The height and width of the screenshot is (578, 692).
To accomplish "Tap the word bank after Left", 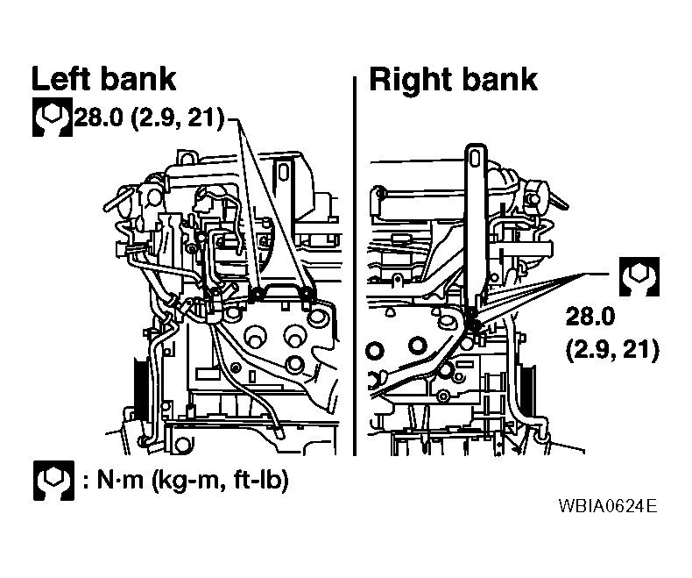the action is tap(138, 79).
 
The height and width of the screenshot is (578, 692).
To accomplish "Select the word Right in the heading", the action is tap(411, 81).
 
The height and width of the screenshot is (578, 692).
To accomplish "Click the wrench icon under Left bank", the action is tap(52, 118).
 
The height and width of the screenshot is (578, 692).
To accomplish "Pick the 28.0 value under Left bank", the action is tap(98, 118).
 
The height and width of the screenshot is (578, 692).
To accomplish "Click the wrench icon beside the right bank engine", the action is tap(639, 276).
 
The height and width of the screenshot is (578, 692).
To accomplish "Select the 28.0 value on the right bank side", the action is tap(590, 317).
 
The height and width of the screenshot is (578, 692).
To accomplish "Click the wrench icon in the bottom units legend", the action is tap(53, 481).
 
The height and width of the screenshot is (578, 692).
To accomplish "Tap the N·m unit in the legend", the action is tap(120, 480).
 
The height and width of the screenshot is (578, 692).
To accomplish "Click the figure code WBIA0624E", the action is tap(608, 505).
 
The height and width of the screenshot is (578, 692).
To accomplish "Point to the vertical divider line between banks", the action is tap(355, 266).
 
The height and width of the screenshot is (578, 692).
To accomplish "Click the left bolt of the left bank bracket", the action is tap(256, 294).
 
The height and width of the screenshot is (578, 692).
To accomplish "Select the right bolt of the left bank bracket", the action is tap(307, 294).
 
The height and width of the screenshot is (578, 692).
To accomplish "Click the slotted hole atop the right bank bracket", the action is tap(475, 158).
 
